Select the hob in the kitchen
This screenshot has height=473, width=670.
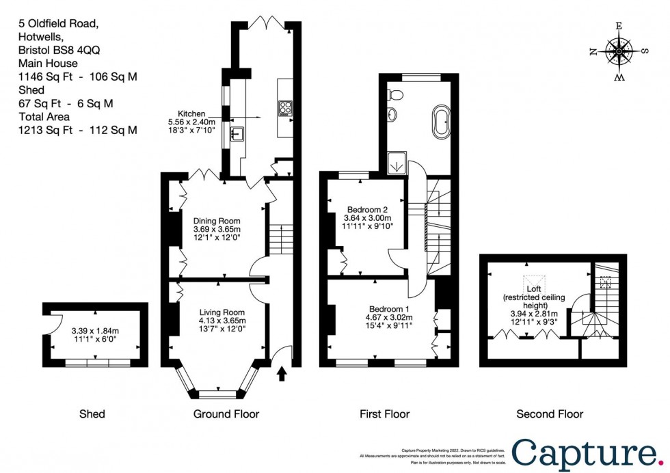click(284, 108)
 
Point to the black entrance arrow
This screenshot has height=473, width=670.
click(282, 375)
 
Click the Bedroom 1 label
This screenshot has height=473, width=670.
click(388, 308)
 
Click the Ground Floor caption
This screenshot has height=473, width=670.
click(226, 414)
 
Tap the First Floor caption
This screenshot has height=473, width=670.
click(385, 414)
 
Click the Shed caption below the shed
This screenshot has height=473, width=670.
click(92, 414)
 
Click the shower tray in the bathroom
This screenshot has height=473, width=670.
click(396, 163)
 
